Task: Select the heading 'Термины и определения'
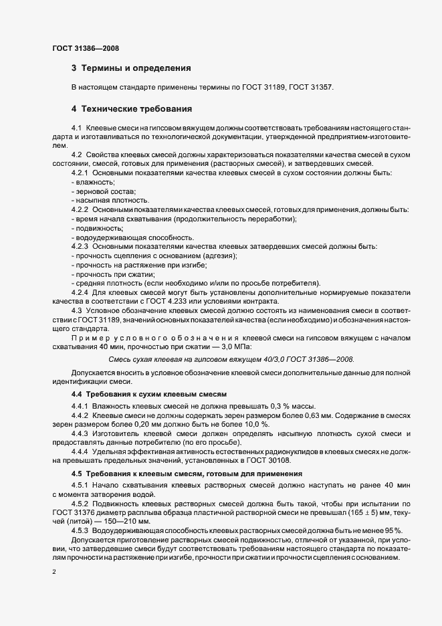coord(136,68)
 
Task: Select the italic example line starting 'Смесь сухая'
coord(231,360)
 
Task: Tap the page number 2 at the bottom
coord(54,572)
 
